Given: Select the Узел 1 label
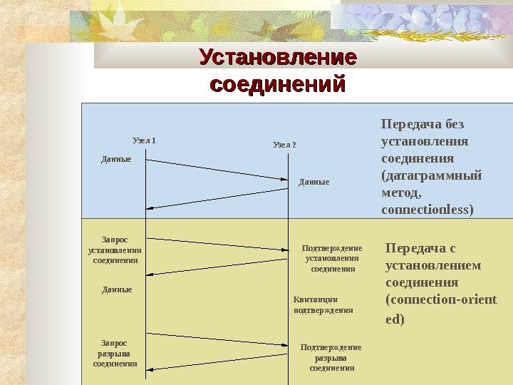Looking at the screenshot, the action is tap(145, 140).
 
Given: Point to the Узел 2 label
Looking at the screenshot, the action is tap(284, 145).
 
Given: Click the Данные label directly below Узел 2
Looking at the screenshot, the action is tap(313, 183).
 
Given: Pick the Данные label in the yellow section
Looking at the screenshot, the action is tap(117, 290).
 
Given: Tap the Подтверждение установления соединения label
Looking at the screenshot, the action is tap(332, 258).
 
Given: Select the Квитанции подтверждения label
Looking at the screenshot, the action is tap(323, 305).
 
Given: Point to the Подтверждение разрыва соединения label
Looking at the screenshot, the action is tap(331, 357).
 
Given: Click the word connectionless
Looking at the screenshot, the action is tap(427, 210).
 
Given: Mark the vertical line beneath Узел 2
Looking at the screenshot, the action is tap(289, 271).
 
